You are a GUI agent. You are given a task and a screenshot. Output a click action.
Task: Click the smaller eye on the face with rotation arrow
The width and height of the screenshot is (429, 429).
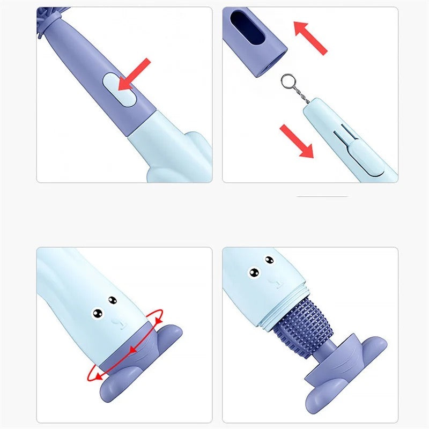[113, 300]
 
